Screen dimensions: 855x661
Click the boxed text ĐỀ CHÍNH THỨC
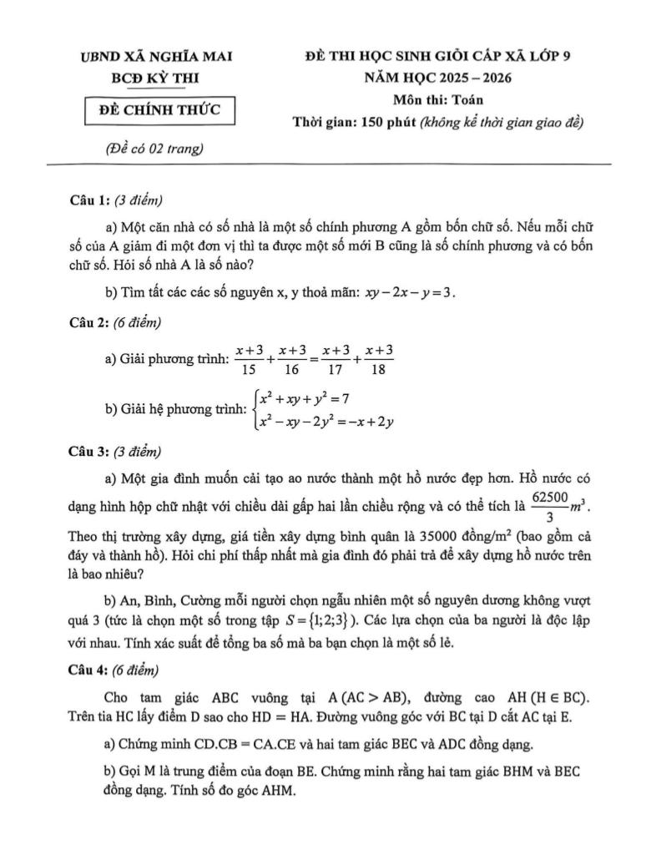(x=159, y=110)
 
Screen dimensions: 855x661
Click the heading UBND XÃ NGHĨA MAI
(x=156, y=57)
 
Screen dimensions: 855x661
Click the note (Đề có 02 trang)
(x=155, y=149)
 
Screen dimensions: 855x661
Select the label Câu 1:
(x=90, y=200)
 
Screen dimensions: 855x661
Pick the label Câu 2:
(x=90, y=321)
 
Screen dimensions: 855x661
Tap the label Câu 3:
(x=90, y=452)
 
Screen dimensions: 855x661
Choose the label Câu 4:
(x=90, y=669)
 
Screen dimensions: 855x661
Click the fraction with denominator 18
(x=379, y=360)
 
